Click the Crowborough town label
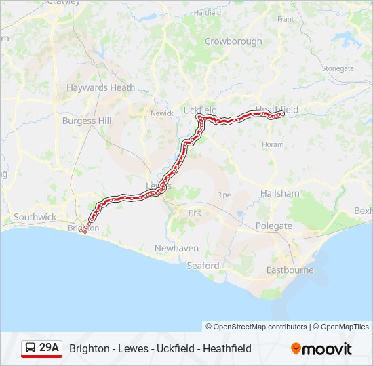[x=233, y=41]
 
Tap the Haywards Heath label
[x=100, y=87]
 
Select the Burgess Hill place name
[x=86, y=121]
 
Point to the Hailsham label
[x=279, y=193]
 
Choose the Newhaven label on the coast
[x=176, y=249]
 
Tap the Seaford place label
[x=203, y=266]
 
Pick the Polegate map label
[x=274, y=226]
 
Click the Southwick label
[x=35, y=217]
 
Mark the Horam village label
[x=273, y=145]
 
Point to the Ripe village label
[x=224, y=195]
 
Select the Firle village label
[x=195, y=213]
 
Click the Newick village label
[x=162, y=113]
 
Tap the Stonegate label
[x=338, y=68]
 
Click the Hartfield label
[x=208, y=13]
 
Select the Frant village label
[x=286, y=19]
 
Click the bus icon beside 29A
[x=31, y=348]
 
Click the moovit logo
[x=321, y=349]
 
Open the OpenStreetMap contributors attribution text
[x=256, y=327]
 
